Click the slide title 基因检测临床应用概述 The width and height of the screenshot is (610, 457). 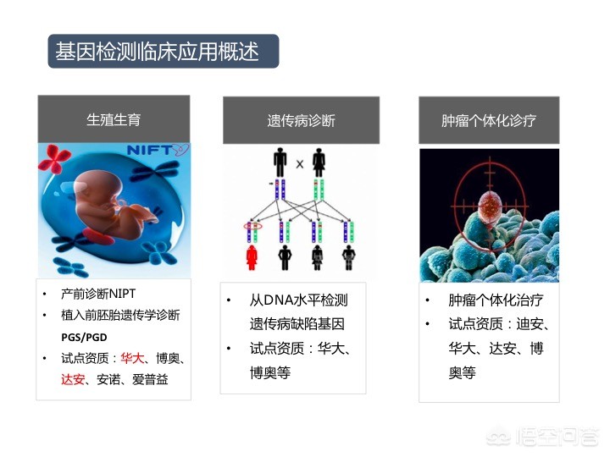coord(157,52)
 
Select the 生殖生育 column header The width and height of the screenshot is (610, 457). coord(114,119)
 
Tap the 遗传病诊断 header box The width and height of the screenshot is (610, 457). coord(301,120)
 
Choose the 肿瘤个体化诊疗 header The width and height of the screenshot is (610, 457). coord(489,120)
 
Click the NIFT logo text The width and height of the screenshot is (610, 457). coord(150,150)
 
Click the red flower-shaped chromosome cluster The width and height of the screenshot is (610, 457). coord(54,158)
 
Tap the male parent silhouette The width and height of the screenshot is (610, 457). coord(280,162)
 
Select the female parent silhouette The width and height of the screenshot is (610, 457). coord(319,162)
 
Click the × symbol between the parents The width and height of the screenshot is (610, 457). coord(300,164)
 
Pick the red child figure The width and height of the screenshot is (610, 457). coord(252,257)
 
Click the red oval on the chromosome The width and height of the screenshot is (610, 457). coord(252,226)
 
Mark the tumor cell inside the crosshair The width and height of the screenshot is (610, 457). coord(490,207)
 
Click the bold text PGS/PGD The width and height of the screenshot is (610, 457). coord(84,337)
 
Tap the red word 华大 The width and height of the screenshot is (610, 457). coord(132,358)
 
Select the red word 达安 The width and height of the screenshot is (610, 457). coord(73,379)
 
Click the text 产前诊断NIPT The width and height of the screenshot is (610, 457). coord(98,294)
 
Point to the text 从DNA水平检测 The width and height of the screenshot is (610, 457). coord(298,300)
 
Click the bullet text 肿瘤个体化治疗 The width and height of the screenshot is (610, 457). coord(496,300)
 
